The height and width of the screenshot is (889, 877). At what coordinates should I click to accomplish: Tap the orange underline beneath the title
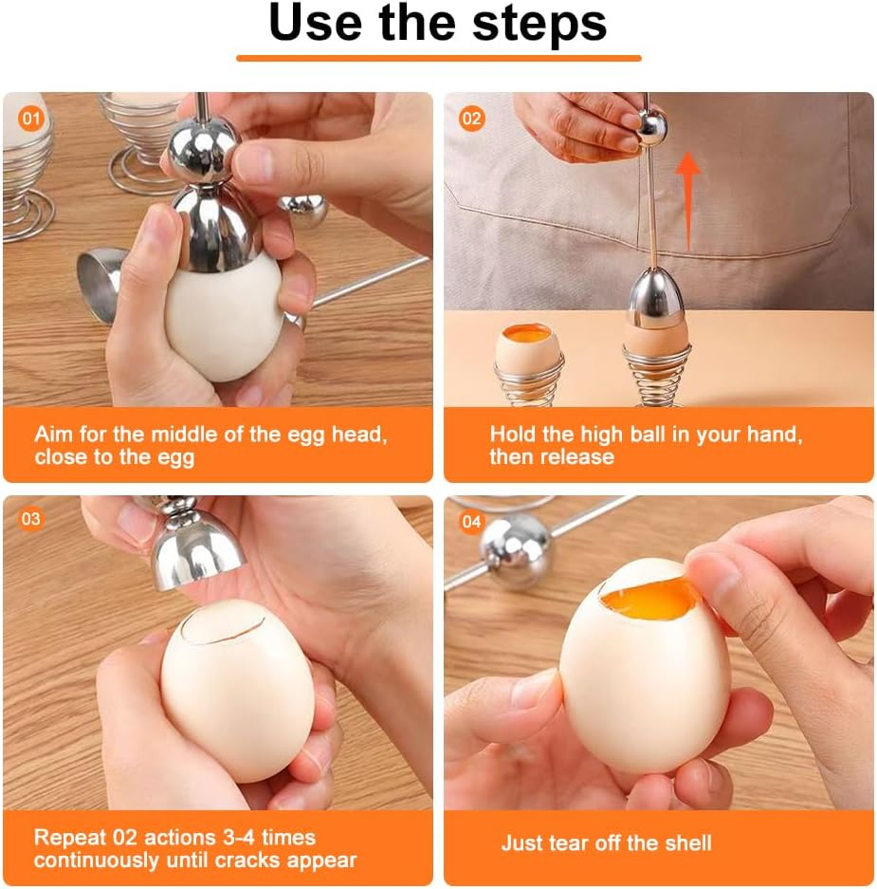pyautogui.click(x=438, y=58)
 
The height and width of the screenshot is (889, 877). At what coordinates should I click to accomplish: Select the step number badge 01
pyautogui.click(x=31, y=119)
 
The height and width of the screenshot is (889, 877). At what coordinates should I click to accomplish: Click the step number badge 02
pyautogui.click(x=471, y=119)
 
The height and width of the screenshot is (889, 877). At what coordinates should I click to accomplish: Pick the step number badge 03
pyautogui.click(x=31, y=519)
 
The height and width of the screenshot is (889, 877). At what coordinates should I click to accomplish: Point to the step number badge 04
pyautogui.click(x=471, y=522)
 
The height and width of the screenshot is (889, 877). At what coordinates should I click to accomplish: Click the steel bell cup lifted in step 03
pyautogui.click(x=194, y=545)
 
